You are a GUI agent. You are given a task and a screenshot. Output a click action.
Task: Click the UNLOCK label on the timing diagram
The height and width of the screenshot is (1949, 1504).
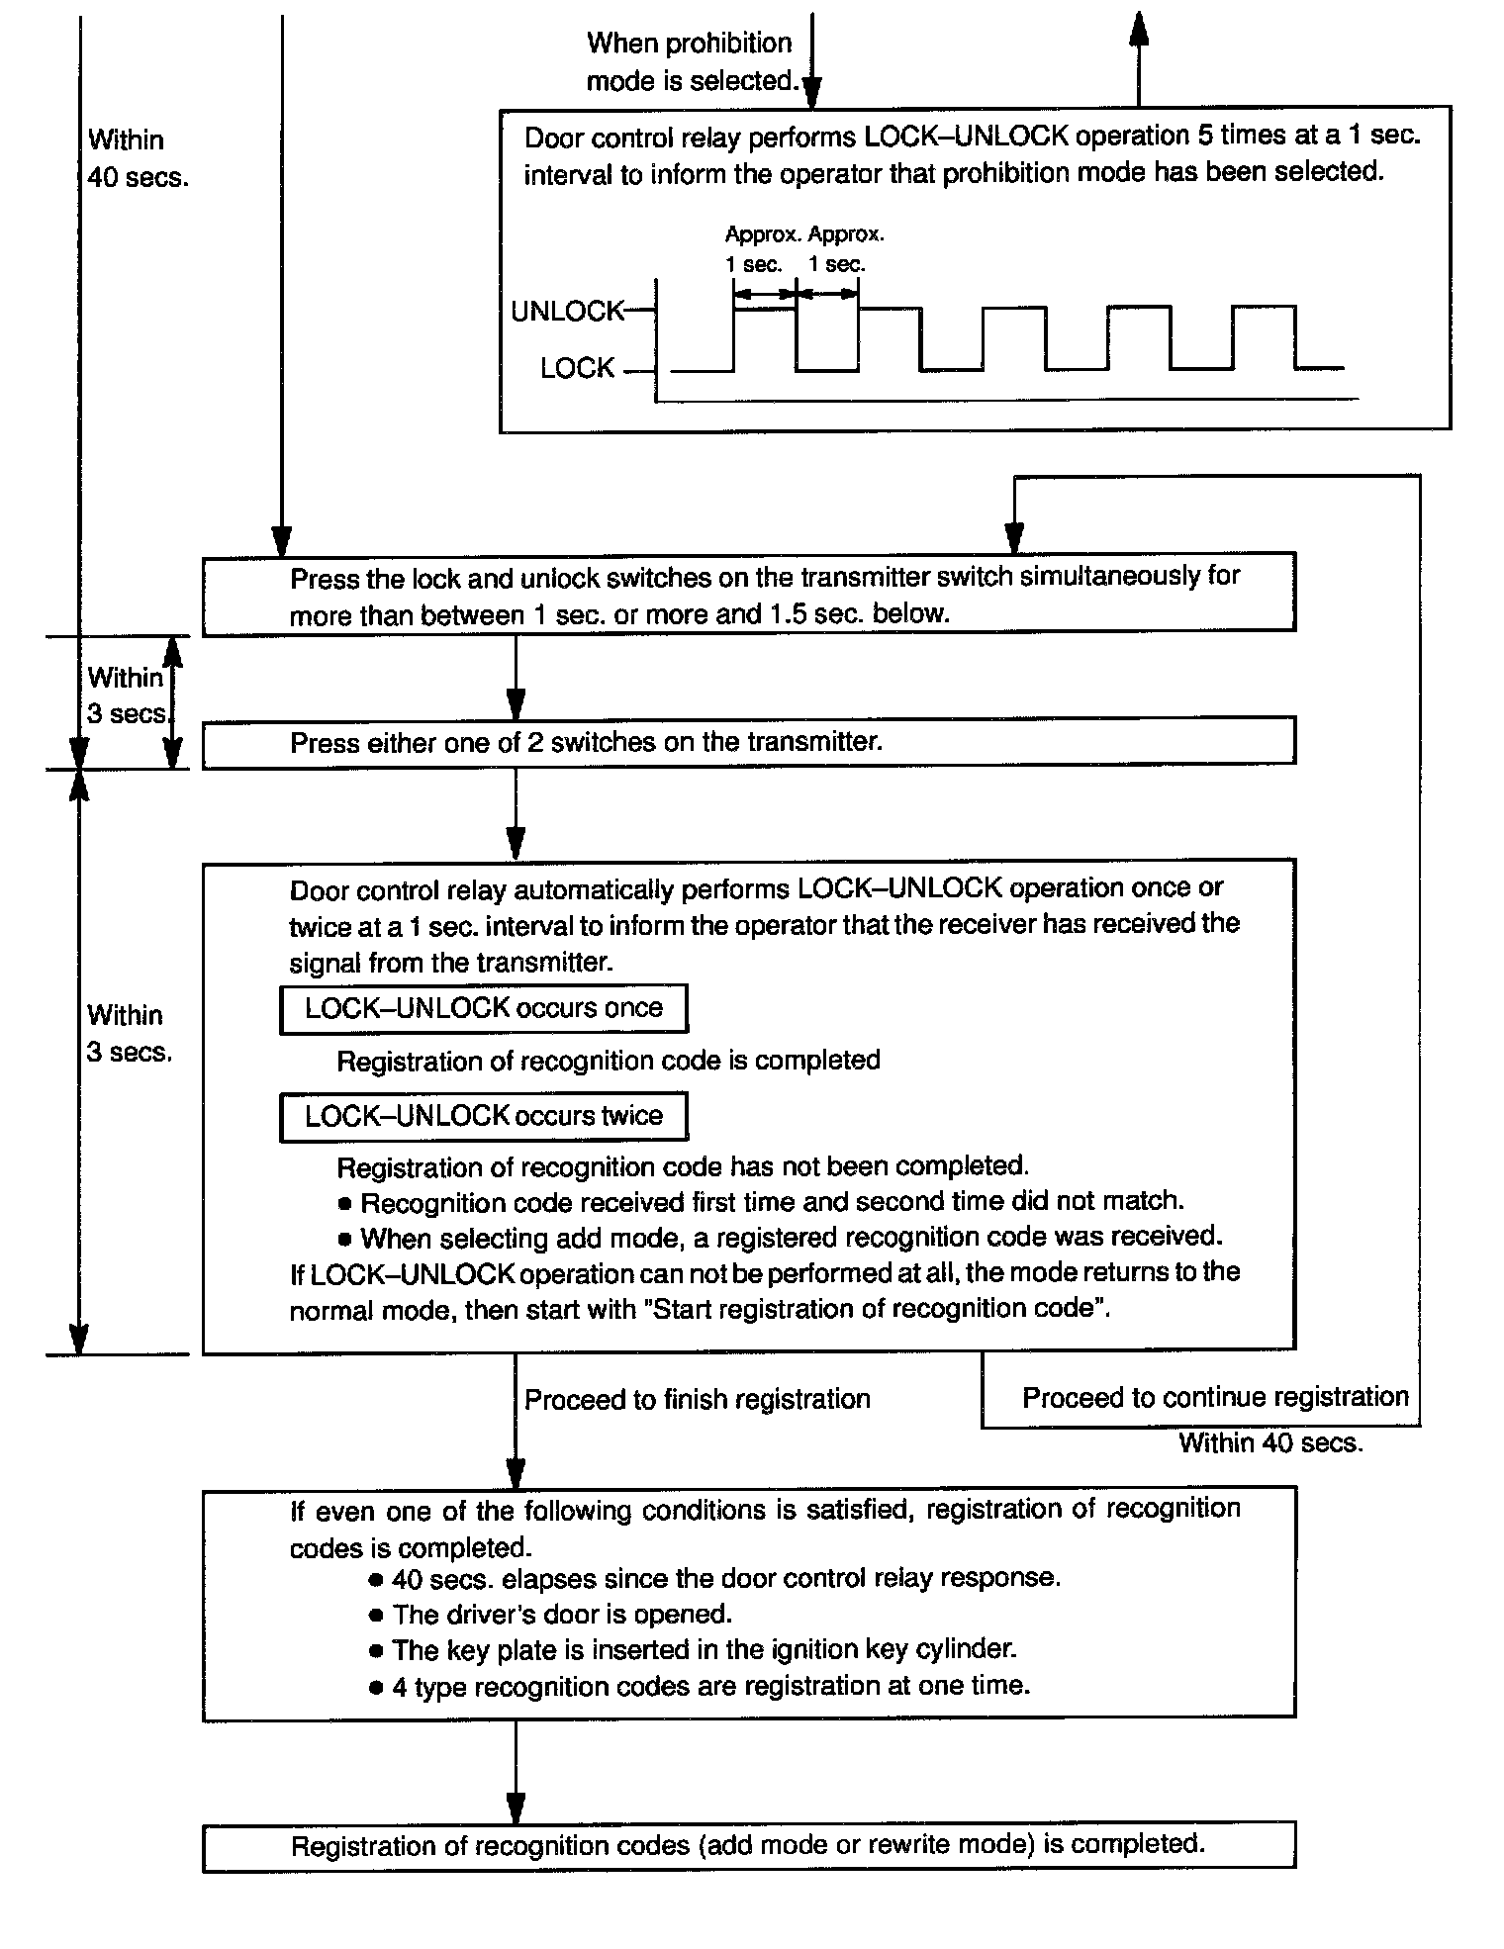point(567,311)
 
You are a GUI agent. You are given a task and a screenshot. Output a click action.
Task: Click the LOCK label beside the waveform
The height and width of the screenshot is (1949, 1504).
point(577,368)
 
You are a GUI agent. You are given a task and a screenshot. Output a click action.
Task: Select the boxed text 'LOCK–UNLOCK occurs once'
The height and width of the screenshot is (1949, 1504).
point(484,1008)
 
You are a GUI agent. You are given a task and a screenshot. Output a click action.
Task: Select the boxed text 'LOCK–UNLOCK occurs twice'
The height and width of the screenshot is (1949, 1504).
point(484,1116)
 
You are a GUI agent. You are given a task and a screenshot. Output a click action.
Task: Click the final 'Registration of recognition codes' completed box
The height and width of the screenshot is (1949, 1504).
point(748,1845)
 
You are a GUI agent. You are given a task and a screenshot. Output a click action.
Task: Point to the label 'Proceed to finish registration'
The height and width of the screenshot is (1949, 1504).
point(697,1399)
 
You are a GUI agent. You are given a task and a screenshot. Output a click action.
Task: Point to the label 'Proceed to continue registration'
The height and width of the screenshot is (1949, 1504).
point(1215,1397)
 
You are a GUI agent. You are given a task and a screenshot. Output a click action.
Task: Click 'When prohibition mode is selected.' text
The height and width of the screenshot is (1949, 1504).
point(691,61)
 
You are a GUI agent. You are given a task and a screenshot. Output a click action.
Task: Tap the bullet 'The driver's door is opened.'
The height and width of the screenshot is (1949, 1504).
point(561,1615)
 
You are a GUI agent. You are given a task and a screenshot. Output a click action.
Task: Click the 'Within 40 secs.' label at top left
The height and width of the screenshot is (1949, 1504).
point(137,158)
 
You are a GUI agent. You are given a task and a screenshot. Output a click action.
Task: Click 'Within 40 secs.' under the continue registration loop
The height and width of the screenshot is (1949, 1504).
point(1270,1443)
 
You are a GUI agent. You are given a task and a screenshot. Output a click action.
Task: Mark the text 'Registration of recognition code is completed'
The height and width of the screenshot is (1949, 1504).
point(609,1061)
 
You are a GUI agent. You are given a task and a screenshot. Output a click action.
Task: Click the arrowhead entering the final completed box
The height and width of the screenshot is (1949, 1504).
point(515,1807)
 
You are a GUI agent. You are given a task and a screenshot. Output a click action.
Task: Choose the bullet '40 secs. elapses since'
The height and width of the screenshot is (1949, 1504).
point(725,1578)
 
